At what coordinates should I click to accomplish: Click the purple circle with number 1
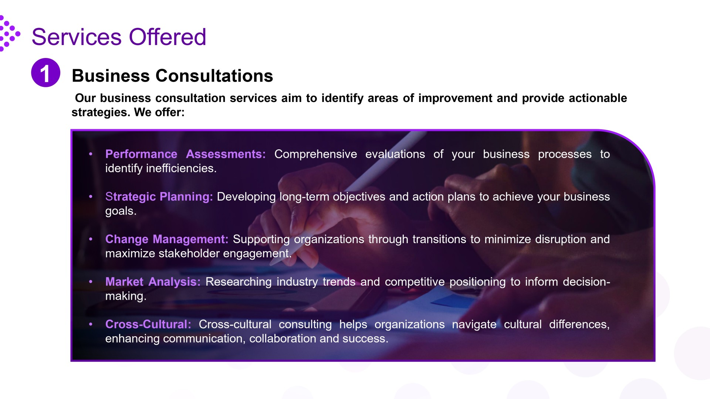tap(45, 73)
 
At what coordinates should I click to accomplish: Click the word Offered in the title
tap(167, 37)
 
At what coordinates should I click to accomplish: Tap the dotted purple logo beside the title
tap(9, 34)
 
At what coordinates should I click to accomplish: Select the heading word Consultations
tap(214, 76)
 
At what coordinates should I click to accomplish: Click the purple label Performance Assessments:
tap(185, 154)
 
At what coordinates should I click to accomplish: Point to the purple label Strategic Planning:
tap(159, 197)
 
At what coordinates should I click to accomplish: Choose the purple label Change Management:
tap(166, 239)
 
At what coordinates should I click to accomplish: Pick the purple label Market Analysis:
tap(152, 282)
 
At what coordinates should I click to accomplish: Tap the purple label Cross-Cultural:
tap(148, 324)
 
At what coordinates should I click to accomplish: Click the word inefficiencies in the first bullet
tap(181, 168)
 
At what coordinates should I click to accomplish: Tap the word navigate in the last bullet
tap(474, 324)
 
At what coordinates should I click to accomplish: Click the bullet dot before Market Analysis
tap(91, 282)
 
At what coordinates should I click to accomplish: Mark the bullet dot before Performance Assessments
tap(91, 154)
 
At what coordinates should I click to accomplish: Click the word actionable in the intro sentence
tap(598, 98)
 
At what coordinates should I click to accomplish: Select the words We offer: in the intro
tap(159, 112)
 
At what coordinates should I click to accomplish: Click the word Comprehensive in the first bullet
tap(315, 154)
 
